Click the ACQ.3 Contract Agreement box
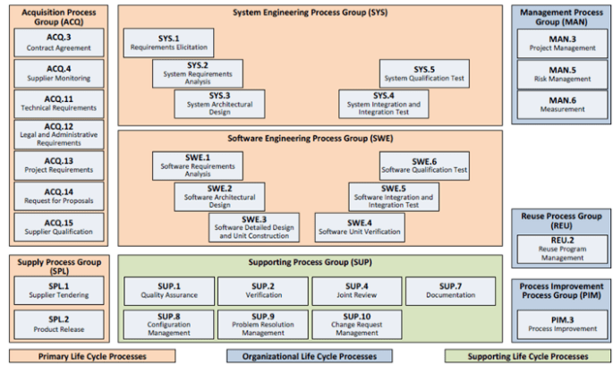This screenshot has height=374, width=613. (x=59, y=43)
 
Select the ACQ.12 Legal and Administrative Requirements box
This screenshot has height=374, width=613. (x=59, y=135)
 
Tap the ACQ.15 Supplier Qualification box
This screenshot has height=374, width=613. (x=59, y=227)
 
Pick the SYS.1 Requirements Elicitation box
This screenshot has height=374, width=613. (x=168, y=43)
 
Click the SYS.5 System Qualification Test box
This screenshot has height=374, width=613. (x=424, y=73)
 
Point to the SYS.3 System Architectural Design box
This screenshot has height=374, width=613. (x=219, y=104)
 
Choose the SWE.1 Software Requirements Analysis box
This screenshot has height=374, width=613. (x=198, y=166)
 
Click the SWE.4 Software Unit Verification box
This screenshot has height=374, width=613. (x=360, y=227)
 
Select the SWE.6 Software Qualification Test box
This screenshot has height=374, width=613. (x=424, y=166)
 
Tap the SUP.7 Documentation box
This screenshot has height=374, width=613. (x=450, y=291)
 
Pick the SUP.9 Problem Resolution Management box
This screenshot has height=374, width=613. (x=263, y=325)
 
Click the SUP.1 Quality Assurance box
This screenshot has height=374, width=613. (x=169, y=291)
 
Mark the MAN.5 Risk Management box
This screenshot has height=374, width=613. (x=562, y=74)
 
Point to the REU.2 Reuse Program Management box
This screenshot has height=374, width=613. (x=562, y=250)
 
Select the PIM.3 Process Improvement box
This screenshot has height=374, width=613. (x=562, y=325)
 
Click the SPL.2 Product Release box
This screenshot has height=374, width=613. (x=59, y=325)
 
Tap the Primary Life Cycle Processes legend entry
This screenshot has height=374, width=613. (x=92, y=356)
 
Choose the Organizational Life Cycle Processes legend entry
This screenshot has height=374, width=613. (x=310, y=356)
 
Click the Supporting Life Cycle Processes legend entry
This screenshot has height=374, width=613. (x=528, y=356)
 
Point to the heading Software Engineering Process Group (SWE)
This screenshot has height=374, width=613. (x=311, y=139)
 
